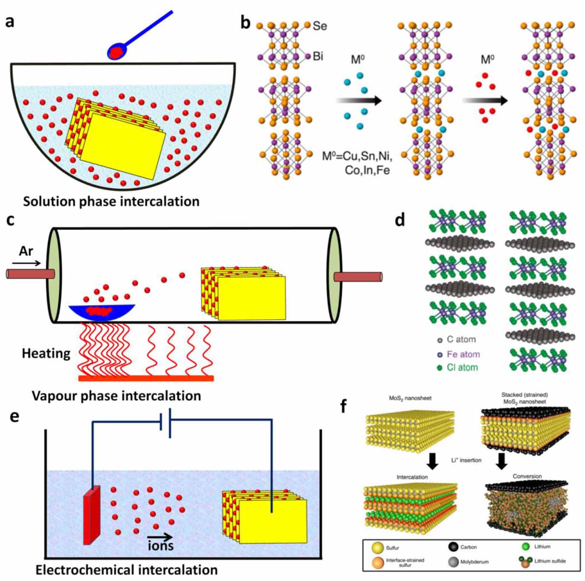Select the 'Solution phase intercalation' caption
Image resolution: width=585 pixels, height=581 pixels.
click(x=111, y=201)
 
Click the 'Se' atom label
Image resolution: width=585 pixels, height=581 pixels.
click(x=319, y=26)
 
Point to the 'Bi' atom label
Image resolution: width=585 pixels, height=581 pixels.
click(x=318, y=56)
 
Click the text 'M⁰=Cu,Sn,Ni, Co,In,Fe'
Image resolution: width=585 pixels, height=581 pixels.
click(x=358, y=163)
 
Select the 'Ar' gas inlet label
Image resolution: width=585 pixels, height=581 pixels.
click(x=26, y=251)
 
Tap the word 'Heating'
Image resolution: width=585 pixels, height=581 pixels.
click(x=46, y=353)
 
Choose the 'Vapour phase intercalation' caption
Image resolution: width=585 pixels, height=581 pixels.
click(x=117, y=396)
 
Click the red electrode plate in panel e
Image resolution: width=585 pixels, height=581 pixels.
click(x=92, y=515)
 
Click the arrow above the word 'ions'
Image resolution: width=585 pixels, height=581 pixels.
click(x=160, y=536)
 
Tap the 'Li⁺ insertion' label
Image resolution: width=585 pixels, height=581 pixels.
click(x=466, y=460)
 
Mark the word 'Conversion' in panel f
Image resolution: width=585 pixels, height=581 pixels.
click(x=527, y=476)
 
